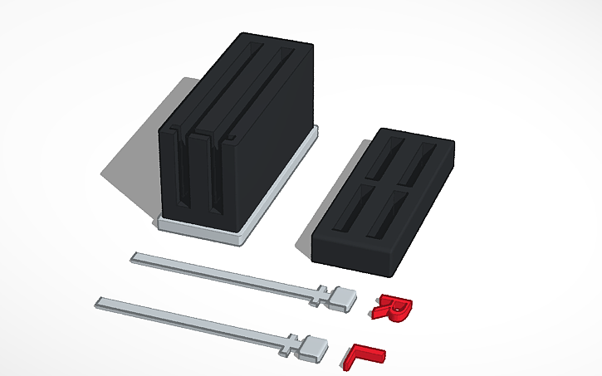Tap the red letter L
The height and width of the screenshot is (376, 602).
click(x=362, y=354)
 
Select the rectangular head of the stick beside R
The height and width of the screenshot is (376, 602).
click(x=344, y=296)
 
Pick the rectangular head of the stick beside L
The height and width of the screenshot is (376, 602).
click(x=316, y=347)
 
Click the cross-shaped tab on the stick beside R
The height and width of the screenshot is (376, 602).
click(x=321, y=295)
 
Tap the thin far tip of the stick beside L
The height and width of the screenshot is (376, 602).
click(x=100, y=302)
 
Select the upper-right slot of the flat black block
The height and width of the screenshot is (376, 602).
click(x=426, y=160)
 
